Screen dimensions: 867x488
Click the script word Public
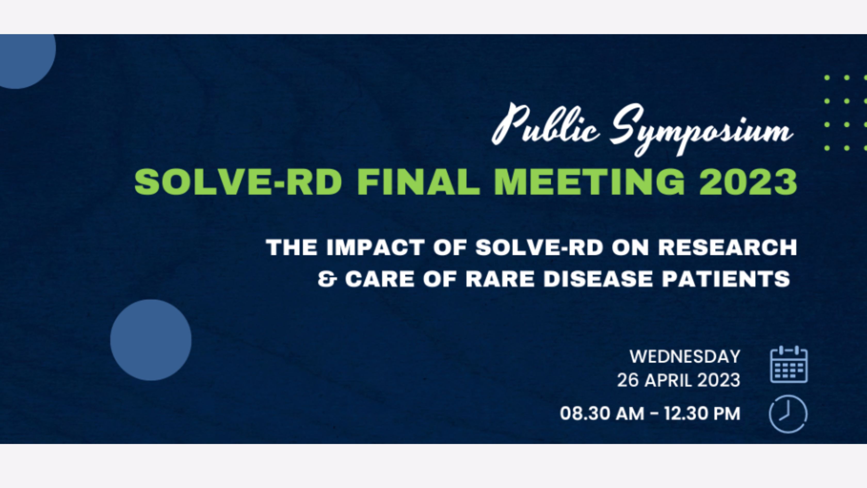click(545, 125)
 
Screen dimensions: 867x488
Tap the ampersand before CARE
click(327, 279)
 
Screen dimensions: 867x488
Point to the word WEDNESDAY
click(685, 357)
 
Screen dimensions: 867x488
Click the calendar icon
click(789, 364)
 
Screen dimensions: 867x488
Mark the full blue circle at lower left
click(151, 340)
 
